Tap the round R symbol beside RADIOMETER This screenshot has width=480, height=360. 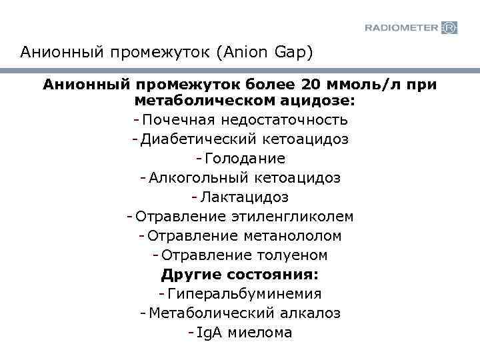(x=450, y=27)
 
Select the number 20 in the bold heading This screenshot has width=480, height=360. (x=311, y=85)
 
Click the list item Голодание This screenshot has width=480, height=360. (x=245, y=159)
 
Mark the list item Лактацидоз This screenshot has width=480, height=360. (x=245, y=198)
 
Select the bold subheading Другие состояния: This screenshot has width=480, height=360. (x=240, y=275)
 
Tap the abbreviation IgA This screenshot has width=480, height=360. (x=210, y=333)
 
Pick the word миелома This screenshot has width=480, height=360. (x=260, y=333)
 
